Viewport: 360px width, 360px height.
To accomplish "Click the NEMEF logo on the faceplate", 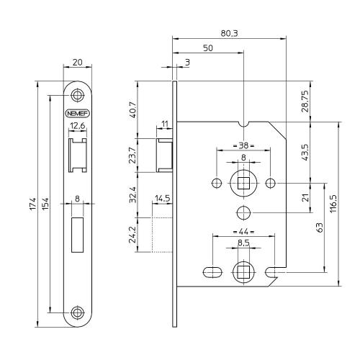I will (x=77, y=113).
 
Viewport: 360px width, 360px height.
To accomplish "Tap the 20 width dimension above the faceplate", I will (x=77, y=63).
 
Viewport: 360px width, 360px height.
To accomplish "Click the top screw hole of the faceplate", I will (x=77, y=95).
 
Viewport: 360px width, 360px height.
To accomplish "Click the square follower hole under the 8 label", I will (x=243, y=184).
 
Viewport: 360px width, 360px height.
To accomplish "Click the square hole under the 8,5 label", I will (x=243, y=271).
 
